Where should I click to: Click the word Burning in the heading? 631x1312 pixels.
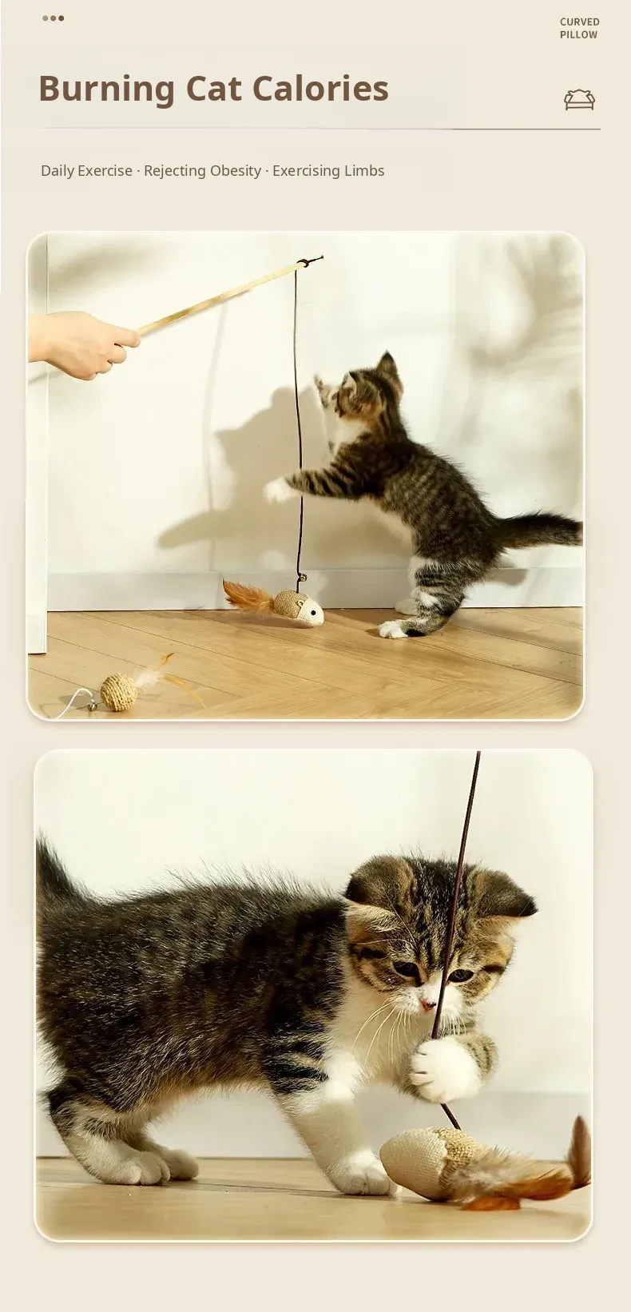(106, 89)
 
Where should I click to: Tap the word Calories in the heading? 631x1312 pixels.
(321, 88)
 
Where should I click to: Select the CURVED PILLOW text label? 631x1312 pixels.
(580, 28)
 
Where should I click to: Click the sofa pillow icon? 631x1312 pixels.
(580, 100)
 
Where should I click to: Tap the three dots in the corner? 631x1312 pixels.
(53, 18)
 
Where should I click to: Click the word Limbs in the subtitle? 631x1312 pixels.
(364, 170)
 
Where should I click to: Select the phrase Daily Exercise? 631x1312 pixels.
(86, 171)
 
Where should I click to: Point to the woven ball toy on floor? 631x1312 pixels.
(119, 692)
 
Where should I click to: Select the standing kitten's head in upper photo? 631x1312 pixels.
(367, 389)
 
